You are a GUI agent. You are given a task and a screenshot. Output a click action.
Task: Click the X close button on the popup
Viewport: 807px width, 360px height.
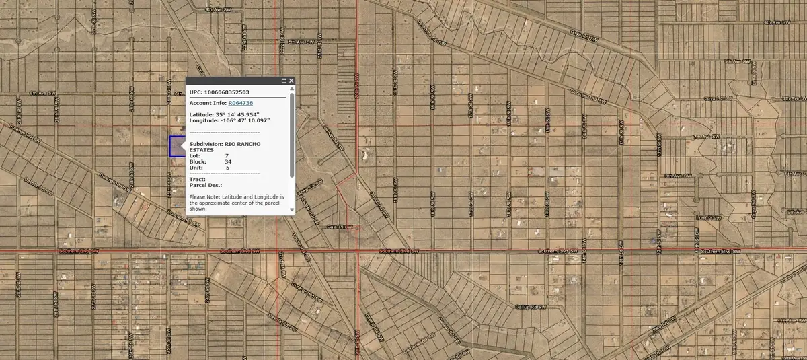[x=292, y=81]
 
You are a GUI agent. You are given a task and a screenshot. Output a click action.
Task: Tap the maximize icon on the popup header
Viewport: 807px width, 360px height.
[x=284, y=81]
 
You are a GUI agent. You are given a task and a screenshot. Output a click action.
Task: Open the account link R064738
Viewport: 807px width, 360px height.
[x=241, y=103]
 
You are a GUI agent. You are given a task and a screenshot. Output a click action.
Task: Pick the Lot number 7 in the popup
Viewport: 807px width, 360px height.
[x=227, y=156]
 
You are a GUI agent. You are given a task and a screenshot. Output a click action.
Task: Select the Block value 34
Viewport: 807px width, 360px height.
[x=228, y=162]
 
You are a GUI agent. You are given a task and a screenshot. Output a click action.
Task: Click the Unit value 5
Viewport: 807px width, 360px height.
[x=227, y=168]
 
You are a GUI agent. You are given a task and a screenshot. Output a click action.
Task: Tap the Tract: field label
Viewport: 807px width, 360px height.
[x=198, y=179]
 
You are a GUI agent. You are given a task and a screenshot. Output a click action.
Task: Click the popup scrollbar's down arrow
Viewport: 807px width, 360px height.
[x=292, y=210]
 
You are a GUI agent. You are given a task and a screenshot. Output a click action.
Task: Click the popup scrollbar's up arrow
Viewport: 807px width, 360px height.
[x=292, y=87]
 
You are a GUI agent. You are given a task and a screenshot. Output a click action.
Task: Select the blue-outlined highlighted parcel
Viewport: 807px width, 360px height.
[x=176, y=147]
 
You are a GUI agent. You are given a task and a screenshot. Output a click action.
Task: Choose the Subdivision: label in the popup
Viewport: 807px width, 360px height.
[x=206, y=144]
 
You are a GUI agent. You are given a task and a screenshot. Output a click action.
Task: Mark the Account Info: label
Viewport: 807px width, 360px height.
[x=207, y=103]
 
